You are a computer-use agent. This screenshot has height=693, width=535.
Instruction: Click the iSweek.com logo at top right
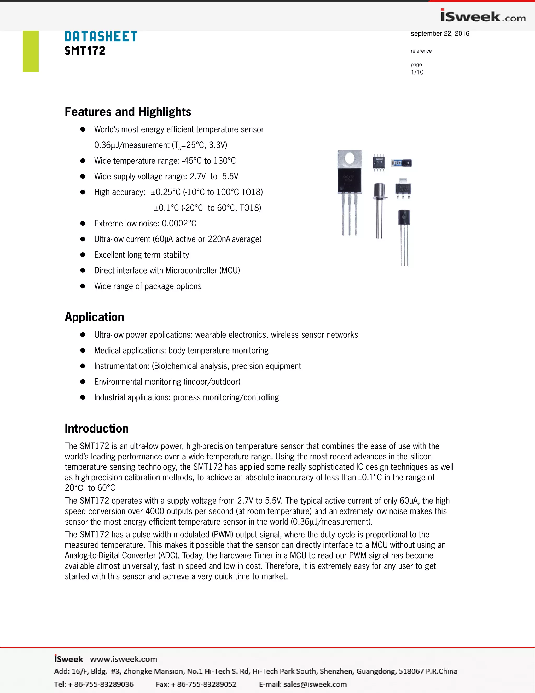[482, 16]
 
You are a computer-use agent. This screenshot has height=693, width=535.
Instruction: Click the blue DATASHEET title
[101, 37]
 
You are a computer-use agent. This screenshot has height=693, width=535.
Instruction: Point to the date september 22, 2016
[440, 34]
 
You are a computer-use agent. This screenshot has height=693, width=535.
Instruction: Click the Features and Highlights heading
[128, 112]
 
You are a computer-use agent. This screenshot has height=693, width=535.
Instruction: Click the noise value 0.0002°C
[179, 223]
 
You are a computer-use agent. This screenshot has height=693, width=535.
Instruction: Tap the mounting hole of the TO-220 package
[350, 158]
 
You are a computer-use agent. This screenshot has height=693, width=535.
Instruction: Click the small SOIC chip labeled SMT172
[379, 163]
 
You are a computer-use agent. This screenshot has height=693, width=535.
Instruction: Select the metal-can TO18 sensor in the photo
[379, 190]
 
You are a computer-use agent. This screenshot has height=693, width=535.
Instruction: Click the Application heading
[95, 317]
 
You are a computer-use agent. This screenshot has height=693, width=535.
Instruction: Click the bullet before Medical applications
[83, 350]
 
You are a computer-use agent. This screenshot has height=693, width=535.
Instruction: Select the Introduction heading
[97, 428]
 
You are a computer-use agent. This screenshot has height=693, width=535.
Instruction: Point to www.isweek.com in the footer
[124, 659]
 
